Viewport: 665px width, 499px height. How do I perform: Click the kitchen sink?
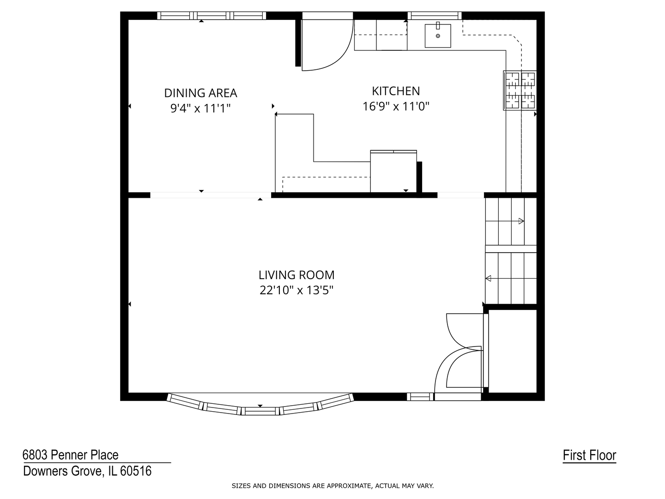coord(437,36)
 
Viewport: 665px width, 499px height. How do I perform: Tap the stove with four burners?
coord(520,90)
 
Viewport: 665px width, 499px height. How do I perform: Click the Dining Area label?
coord(200,93)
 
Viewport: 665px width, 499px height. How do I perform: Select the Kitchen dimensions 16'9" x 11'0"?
coord(396,106)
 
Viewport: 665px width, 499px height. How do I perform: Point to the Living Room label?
coord(296,275)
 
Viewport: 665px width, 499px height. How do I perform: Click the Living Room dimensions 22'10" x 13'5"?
coord(296,290)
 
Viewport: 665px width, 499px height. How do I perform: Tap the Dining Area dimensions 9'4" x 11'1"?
coord(200,108)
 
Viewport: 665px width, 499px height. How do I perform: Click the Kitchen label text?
coord(396,91)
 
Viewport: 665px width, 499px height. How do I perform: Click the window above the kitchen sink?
coord(435,15)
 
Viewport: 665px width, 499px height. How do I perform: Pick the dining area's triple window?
coord(212,15)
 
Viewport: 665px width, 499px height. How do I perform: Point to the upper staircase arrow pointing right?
coord(505,221)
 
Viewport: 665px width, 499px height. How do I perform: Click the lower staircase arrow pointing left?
coord(511,278)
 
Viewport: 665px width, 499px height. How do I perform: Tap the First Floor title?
coord(589,456)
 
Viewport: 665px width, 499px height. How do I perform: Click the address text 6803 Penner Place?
coord(71,455)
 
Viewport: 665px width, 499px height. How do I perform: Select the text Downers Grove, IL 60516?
coord(87,471)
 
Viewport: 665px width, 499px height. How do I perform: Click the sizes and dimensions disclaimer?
coord(332,486)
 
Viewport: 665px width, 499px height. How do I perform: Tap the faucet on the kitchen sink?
coord(438,25)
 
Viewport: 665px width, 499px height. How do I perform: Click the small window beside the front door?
coord(420,396)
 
